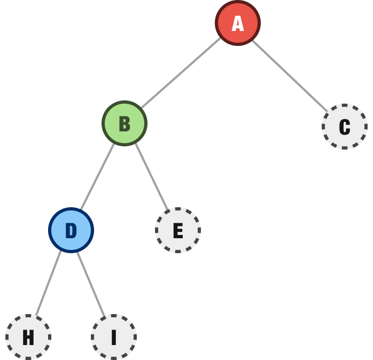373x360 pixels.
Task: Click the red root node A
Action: point(238,23)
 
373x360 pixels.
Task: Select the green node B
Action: point(125,123)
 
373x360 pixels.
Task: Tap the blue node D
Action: point(71,230)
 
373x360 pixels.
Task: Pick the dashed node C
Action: point(345,127)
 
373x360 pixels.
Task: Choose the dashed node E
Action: point(178,230)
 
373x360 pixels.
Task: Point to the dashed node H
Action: point(28,337)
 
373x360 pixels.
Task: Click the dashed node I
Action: point(114,337)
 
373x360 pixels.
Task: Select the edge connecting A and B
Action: point(181,73)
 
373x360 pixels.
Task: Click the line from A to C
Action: point(290,76)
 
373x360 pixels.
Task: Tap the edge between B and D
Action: point(98,177)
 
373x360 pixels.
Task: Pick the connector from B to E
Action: point(152,177)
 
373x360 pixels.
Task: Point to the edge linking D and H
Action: point(49,283)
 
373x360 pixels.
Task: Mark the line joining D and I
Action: point(91,284)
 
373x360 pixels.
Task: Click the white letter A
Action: point(238,24)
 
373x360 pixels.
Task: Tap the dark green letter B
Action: point(125,124)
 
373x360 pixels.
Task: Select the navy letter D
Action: point(71,230)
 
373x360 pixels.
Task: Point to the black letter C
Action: point(345,127)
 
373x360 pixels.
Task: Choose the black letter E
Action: point(178,230)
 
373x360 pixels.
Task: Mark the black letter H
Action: point(28,338)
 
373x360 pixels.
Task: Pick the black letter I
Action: point(114,338)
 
